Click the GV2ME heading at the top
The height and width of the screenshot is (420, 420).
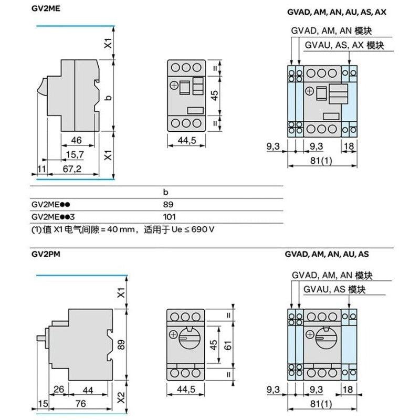[x=46, y=8]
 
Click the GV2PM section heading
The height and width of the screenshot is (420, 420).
[x=46, y=254]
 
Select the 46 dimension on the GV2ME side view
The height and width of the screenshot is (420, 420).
[x=76, y=140]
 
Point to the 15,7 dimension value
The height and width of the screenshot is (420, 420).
[x=75, y=154]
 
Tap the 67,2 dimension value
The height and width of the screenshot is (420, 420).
[x=72, y=169]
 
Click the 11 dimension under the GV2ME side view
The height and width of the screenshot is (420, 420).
[x=41, y=169]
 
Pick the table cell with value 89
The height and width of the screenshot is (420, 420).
[x=168, y=205]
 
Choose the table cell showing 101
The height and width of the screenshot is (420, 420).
[x=169, y=217]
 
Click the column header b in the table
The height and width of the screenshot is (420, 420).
[x=165, y=192]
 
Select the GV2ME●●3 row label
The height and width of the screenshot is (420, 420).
[x=53, y=217]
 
